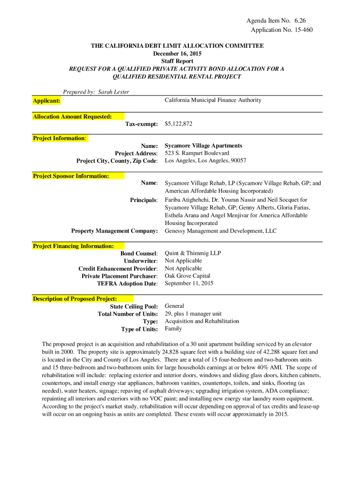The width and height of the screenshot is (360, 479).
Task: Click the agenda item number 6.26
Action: pos(300,21)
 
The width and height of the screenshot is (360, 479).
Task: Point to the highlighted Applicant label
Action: pos(46,101)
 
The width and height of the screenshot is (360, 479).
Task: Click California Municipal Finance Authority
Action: pos(213,100)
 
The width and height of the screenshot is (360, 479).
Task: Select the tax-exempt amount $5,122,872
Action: pos(179,124)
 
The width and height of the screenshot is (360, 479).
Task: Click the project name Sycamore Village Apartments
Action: pos(203,145)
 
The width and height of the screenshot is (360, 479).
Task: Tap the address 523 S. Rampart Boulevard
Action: pos(197,153)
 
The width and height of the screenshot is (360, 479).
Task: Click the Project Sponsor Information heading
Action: pos(71,176)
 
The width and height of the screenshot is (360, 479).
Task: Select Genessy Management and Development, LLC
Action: pos(221,231)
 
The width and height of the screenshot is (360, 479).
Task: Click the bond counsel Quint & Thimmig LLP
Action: pos(193,253)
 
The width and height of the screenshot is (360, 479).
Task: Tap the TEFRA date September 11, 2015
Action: pos(189,283)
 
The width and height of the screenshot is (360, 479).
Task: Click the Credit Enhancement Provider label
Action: pos(118,269)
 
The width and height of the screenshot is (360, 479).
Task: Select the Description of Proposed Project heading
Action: pos(75,298)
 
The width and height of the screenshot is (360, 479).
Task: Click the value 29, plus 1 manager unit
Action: pos(194,314)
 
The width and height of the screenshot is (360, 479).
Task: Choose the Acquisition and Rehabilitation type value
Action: pos(202,321)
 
